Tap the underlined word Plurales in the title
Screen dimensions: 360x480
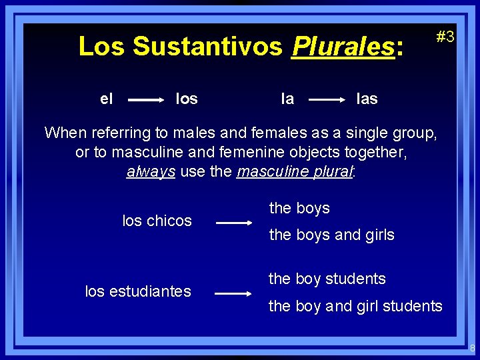(343, 47)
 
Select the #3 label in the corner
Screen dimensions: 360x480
(445, 37)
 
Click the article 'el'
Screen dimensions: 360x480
(106, 99)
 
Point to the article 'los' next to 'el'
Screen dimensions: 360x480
(186, 99)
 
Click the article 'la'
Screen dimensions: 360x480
(287, 99)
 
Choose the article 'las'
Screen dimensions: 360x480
(367, 99)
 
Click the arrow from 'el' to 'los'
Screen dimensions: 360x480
(147, 100)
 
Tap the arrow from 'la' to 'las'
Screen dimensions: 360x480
(327, 100)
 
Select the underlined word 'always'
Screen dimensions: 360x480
(151, 171)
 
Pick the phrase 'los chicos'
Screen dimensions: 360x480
(157, 221)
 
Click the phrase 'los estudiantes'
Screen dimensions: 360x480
(138, 291)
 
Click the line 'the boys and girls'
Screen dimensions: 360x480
(331, 235)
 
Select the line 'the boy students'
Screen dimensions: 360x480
(327, 279)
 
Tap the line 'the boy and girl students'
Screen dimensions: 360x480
(355, 306)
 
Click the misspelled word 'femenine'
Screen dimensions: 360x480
(278, 152)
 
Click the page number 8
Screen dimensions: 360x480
(472, 348)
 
